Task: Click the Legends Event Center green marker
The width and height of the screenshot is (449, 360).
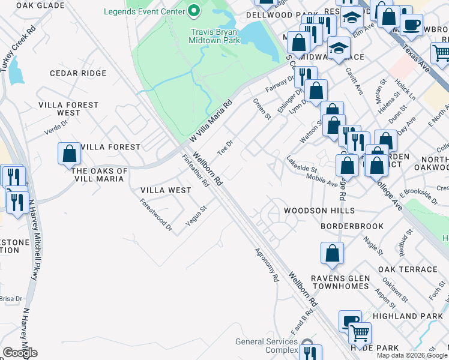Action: pyautogui.click(x=194, y=11)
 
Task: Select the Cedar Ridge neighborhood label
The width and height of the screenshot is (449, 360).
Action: pyautogui.click(x=78, y=73)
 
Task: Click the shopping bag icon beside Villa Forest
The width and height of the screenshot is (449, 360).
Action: pyautogui.click(x=70, y=154)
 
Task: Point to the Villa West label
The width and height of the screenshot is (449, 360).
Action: pyautogui.click(x=166, y=190)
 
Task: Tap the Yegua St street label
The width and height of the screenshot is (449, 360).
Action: pyautogui.click(x=196, y=215)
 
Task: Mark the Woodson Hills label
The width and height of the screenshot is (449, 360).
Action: pyautogui.click(x=319, y=211)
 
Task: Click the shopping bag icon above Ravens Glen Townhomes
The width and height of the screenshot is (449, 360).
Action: pyautogui.click(x=332, y=254)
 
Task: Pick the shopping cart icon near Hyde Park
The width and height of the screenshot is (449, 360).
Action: pyautogui.click(x=360, y=332)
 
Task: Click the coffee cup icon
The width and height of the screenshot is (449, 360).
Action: pyautogui.click(x=411, y=25)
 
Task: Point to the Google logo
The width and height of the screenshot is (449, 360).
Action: pyautogui.click(x=20, y=353)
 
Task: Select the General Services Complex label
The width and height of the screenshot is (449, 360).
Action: pyautogui.click(x=267, y=346)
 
